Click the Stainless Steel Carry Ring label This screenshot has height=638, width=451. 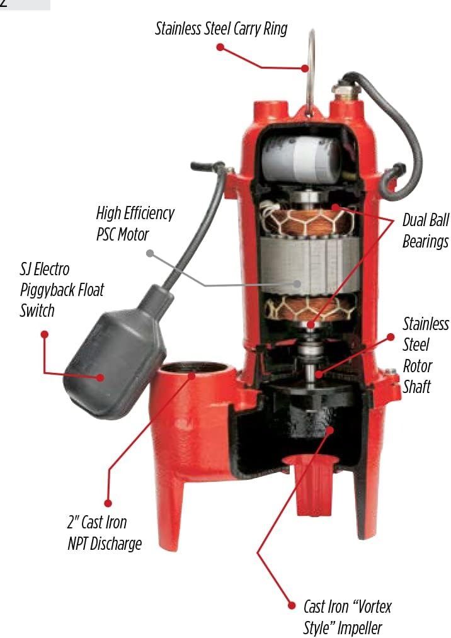221,29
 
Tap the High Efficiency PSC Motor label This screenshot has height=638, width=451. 135,224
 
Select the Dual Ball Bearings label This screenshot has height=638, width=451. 425,231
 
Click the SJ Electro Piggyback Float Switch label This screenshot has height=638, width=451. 62,290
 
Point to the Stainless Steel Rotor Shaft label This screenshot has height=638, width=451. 426,355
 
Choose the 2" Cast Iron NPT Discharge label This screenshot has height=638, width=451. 105,533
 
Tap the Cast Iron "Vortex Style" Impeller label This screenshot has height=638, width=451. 347,617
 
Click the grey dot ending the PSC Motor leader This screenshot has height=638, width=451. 150,253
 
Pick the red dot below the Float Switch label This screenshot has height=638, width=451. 45,334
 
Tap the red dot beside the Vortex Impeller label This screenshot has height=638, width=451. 291,606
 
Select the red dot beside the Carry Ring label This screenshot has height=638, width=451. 220,47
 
